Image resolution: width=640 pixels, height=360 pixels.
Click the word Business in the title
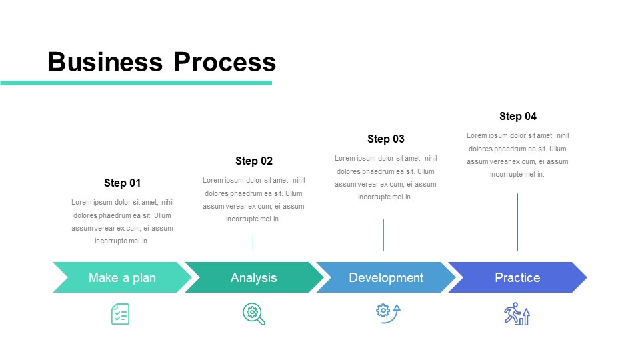point(105,62)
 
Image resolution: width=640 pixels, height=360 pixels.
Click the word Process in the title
point(225,62)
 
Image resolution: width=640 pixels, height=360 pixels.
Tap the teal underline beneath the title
point(136,83)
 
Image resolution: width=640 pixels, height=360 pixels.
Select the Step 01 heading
point(123,183)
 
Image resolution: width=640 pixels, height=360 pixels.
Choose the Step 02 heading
point(254,161)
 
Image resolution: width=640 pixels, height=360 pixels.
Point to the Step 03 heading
point(386,139)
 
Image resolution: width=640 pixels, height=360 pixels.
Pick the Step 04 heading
point(518,116)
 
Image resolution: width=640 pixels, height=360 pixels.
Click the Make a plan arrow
point(122,277)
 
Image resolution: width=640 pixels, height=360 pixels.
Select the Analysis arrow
point(254,277)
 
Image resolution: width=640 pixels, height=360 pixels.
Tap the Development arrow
point(386,277)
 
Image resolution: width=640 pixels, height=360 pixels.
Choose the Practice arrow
point(517,277)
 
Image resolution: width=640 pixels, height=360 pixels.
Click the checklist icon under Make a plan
point(120,314)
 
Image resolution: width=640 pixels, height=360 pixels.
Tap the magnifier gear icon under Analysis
point(254,314)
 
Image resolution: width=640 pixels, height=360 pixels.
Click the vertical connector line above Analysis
point(253,243)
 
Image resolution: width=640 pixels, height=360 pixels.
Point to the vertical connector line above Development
point(383,235)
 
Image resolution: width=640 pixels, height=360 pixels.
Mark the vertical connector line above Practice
point(517,222)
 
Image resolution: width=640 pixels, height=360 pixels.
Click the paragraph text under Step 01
point(123,221)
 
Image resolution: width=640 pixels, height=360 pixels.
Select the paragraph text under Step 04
point(518,155)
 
